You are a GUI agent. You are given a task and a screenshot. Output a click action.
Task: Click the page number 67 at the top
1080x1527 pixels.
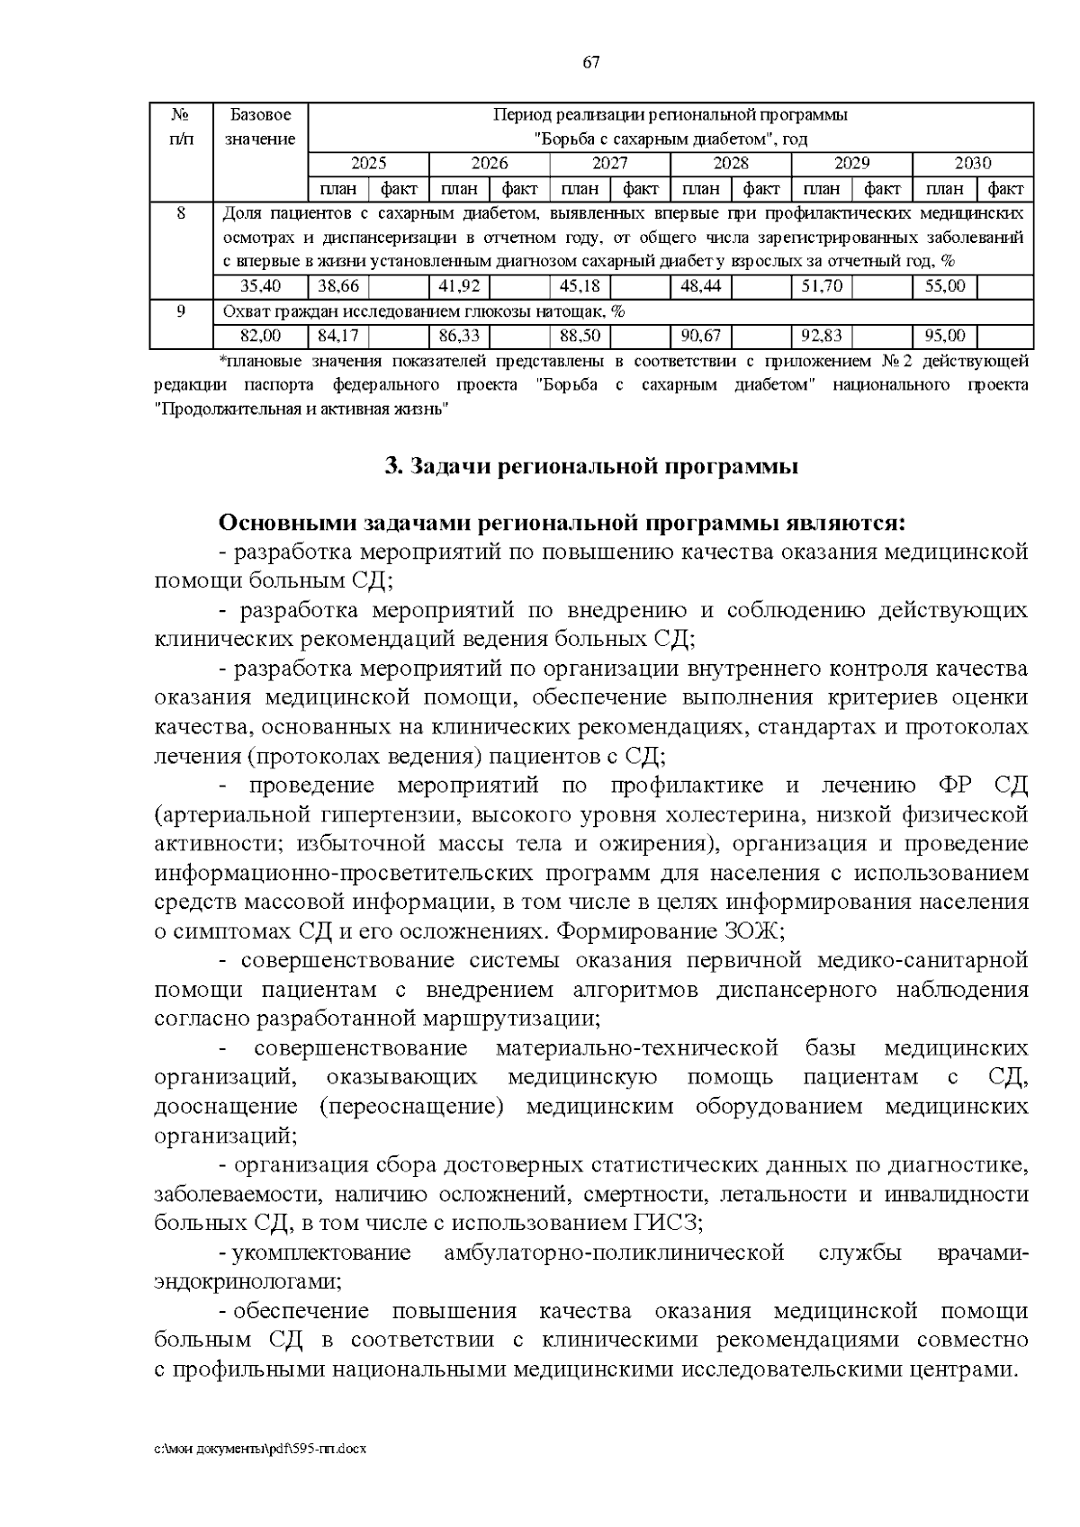[x=590, y=62]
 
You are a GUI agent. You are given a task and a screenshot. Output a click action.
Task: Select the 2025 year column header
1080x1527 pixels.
[x=368, y=164]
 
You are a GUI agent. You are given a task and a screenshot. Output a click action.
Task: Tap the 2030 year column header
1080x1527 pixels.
[x=972, y=164]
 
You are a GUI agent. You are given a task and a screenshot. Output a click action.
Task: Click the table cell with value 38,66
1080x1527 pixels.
[x=338, y=286]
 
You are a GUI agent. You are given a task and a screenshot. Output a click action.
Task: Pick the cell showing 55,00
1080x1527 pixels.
[x=945, y=286]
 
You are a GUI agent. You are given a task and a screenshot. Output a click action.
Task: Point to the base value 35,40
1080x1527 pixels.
[x=260, y=286]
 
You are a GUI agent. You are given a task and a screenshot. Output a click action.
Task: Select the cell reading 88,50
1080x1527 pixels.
[x=580, y=336]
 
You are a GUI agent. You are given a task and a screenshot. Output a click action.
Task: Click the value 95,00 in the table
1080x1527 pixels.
[x=945, y=336]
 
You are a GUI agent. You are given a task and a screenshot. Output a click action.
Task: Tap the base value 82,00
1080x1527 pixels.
[x=260, y=336]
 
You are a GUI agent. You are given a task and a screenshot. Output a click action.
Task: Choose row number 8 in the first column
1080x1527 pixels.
[x=181, y=213]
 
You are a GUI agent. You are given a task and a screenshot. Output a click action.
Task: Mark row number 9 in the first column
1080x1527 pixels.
[x=181, y=311]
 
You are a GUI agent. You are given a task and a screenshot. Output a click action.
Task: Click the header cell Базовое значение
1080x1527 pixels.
[x=260, y=127]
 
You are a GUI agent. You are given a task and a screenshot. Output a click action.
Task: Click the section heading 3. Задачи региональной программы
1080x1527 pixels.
[x=590, y=467]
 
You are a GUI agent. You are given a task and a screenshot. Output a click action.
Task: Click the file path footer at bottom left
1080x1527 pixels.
[x=260, y=1451]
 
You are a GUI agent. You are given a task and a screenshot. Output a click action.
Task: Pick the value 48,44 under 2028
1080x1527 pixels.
[x=701, y=286]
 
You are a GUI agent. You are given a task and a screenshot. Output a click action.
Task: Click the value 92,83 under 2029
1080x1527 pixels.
[x=822, y=336]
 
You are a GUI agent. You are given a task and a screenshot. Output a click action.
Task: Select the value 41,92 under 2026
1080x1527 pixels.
[x=459, y=286]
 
